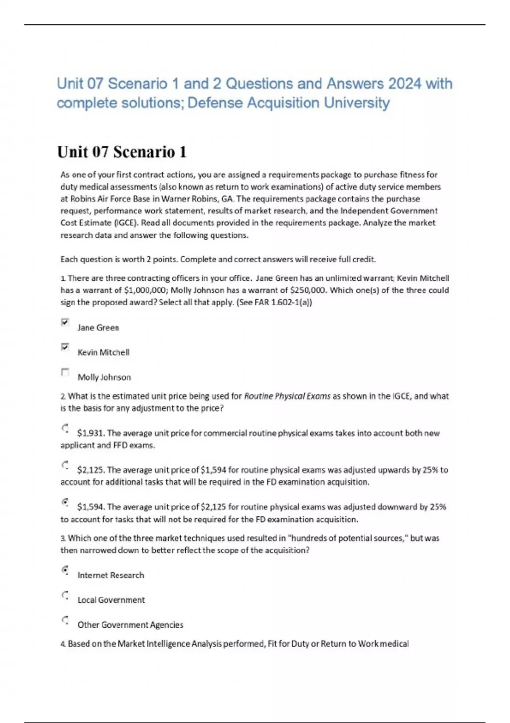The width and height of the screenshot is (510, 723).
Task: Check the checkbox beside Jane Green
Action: pyautogui.click(x=65, y=322)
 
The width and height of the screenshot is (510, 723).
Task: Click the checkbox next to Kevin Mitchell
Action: pyautogui.click(x=65, y=347)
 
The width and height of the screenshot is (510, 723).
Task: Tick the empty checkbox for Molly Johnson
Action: pyautogui.click(x=65, y=372)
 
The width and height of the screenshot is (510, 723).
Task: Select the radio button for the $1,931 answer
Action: pyautogui.click(x=65, y=428)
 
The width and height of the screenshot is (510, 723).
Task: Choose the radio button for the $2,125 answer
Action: pyautogui.click(x=65, y=465)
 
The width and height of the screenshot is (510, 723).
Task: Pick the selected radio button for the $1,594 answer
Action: pyautogui.click(x=65, y=502)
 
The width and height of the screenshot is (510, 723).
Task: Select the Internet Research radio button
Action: pyautogui.click(x=65, y=570)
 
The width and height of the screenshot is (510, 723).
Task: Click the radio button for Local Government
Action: pyautogui.click(x=65, y=595)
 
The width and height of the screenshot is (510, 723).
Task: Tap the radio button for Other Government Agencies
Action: pyautogui.click(x=65, y=620)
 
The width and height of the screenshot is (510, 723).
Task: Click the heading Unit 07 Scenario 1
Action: pyautogui.click(x=122, y=152)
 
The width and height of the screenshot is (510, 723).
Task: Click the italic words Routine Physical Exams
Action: pyautogui.click(x=287, y=396)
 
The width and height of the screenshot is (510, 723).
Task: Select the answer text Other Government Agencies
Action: pyautogui.click(x=130, y=625)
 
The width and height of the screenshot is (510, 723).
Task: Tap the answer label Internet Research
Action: pyautogui.click(x=110, y=575)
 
